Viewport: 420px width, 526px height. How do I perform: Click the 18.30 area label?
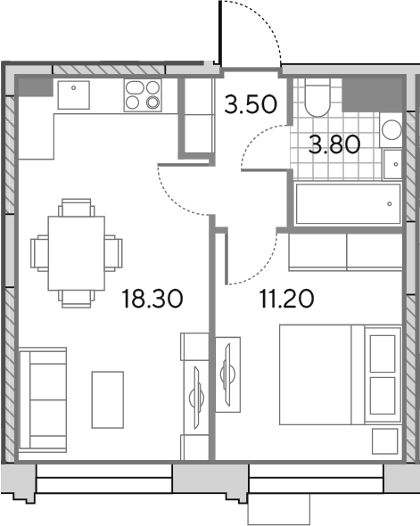tap(152, 299)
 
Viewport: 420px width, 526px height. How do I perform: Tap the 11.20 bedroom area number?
tap(286, 299)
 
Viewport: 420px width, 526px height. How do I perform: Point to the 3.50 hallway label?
tap(251, 104)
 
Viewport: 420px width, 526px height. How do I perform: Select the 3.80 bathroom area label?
tap(334, 145)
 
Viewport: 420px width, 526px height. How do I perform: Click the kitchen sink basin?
tap(73, 95)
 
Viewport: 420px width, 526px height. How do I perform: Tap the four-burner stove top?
tap(143, 95)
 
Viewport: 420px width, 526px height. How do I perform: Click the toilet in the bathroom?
tap(317, 97)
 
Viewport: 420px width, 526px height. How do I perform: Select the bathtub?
tap(348, 203)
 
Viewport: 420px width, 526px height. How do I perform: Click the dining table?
tap(76, 253)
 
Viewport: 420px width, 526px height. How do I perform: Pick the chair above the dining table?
tap(76, 208)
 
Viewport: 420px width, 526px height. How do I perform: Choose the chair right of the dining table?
tap(113, 253)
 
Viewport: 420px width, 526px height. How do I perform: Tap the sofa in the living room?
tap(43, 399)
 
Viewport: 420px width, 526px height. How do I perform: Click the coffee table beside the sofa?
tap(108, 399)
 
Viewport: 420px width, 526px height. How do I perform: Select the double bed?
tap(341, 374)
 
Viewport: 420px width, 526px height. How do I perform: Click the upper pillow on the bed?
tap(383, 354)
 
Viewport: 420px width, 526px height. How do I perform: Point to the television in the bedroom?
tap(226, 374)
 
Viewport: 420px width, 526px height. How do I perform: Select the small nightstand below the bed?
tap(384, 441)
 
